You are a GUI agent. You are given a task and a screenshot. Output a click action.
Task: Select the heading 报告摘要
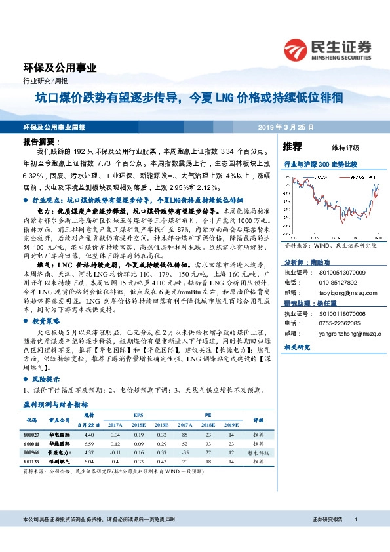pos(41,142)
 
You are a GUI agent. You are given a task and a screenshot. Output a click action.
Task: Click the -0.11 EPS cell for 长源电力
pos(115,452)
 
